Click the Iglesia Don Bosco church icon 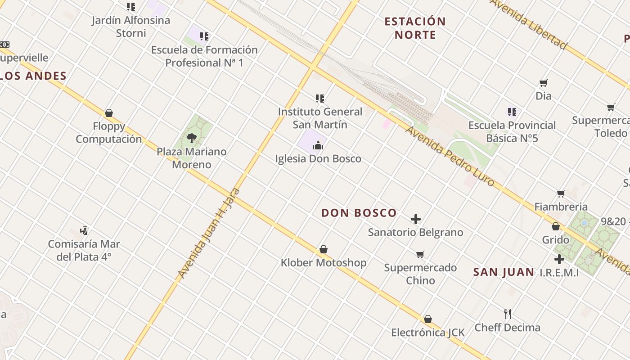point(318,145)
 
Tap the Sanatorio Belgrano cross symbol point(416,219)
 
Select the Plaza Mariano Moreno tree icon point(192,138)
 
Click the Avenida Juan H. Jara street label point(209,233)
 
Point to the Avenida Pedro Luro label point(450,156)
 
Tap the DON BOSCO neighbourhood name point(359,213)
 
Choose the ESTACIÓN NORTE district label point(415,28)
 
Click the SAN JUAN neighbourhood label point(504,272)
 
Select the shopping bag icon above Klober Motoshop point(323,249)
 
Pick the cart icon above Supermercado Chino point(420,255)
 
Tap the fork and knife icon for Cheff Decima point(508,314)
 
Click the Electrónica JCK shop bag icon point(428,319)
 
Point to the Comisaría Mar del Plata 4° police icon point(84,231)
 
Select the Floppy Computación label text point(109,132)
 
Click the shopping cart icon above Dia point(544,83)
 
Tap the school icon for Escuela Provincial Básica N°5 point(512,112)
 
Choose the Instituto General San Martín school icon point(320,98)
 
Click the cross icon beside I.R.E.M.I point(559,259)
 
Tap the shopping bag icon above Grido point(556,226)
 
